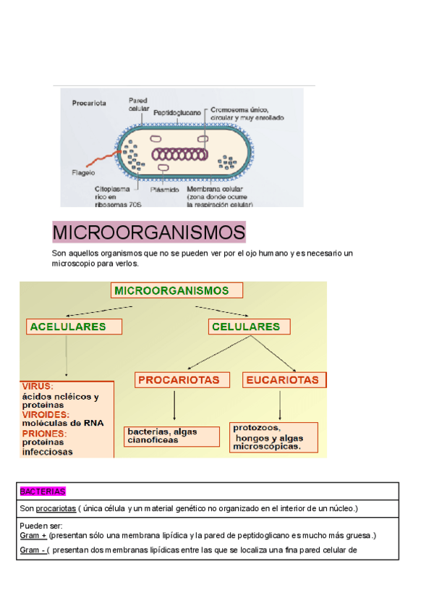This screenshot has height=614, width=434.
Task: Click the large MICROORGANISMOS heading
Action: pos(149,233)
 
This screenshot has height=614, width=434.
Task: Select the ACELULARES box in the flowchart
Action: pos(67,327)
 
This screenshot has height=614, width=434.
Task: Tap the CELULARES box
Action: pos(245,327)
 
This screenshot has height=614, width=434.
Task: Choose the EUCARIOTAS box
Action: pos(282,379)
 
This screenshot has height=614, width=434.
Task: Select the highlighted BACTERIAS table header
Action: pos(43,492)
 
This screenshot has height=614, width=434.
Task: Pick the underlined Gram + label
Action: pos(33,536)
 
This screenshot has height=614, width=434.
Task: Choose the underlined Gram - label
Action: pos(32,550)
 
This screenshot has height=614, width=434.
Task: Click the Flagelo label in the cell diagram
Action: pos(84,173)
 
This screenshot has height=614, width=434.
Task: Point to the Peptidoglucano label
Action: pos(177,112)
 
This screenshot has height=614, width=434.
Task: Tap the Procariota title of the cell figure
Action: pos(89,103)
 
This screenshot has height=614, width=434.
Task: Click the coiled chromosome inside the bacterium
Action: pos(178,154)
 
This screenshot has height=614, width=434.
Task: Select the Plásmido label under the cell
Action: pos(164,189)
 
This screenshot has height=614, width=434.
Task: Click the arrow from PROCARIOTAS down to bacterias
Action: pos(175,406)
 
